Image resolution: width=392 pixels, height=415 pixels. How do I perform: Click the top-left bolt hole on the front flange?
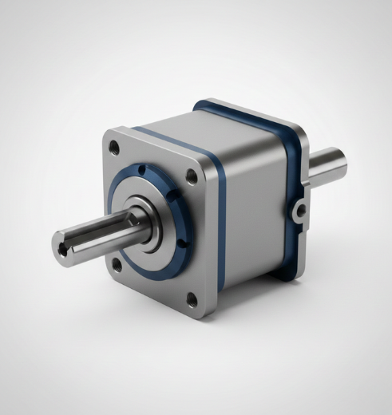point(116,148)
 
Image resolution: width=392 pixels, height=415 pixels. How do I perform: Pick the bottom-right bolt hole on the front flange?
point(192,299)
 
